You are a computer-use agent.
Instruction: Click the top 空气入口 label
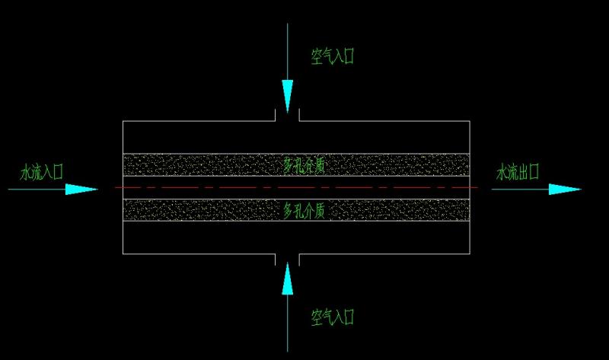click(x=333, y=56)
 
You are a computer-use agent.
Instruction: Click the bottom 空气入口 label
click(x=333, y=317)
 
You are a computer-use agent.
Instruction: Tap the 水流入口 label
click(x=42, y=172)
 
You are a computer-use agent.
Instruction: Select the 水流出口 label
click(x=518, y=172)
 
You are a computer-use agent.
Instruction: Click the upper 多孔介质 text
click(x=304, y=166)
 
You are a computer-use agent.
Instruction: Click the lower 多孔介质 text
click(x=304, y=211)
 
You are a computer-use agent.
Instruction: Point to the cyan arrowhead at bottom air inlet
click(x=288, y=279)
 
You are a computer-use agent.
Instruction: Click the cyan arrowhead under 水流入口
click(x=81, y=189)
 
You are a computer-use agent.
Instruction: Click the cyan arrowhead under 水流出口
click(x=565, y=189)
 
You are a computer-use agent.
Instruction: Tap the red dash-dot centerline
click(x=296, y=187)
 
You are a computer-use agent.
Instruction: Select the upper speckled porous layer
click(x=296, y=165)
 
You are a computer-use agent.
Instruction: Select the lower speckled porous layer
click(x=296, y=210)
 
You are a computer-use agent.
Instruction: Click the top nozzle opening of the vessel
click(x=288, y=116)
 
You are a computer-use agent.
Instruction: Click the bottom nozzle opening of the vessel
click(x=288, y=260)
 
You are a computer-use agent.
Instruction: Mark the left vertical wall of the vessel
click(x=123, y=187)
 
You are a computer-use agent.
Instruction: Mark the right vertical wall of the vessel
click(x=470, y=187)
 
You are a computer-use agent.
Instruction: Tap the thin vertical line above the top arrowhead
click(x=288, y=52)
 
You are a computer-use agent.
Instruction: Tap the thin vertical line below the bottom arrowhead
click(x=288, y=323)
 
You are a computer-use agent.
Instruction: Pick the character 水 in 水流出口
click(x=502, y=172)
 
